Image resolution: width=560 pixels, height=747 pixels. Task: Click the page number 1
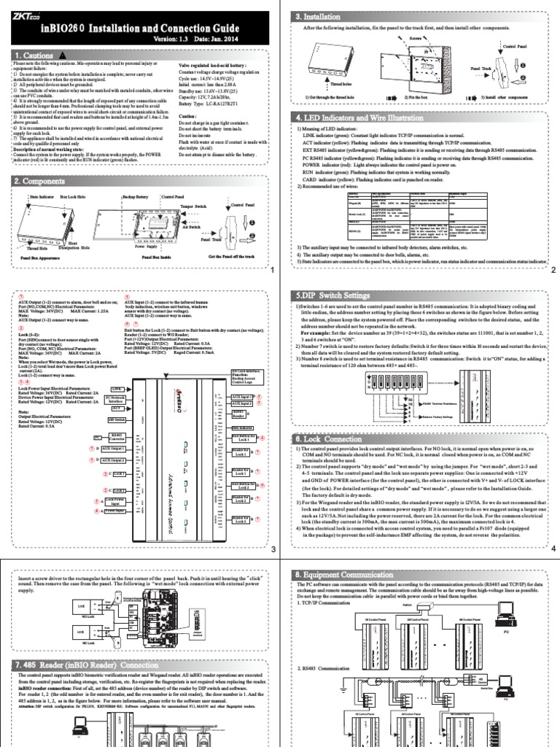pos(271,271)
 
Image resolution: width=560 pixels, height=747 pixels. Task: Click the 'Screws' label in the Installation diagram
pos(436,34)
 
